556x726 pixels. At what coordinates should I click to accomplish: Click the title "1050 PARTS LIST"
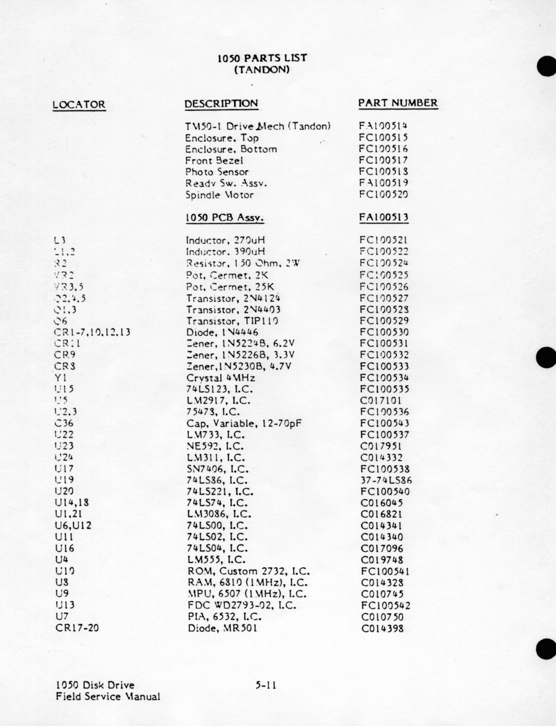(x=262, y=58)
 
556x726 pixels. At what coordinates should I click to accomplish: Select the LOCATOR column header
(x=79, y=104)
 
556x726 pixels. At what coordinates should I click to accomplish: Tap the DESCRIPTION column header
(x=221, y=104)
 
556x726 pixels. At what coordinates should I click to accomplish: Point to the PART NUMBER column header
(x=398, y=103)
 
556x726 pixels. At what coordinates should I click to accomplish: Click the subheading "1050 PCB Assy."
(x=225, y=218)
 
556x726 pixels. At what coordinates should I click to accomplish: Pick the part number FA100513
(x=383, y=217)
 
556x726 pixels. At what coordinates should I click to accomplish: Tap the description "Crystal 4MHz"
(x=221, y=378)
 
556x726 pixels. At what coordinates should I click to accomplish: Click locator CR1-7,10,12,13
(x=92, y=332)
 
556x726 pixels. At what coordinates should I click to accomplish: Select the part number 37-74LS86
(x=386, y=480)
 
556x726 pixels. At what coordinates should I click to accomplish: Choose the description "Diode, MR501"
(x=222, y=628)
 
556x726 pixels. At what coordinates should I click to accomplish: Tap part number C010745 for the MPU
(x=382, y=594)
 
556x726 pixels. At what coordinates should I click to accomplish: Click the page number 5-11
(x=266, y=685)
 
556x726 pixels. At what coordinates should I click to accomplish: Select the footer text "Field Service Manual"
(x=108, y=697)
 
